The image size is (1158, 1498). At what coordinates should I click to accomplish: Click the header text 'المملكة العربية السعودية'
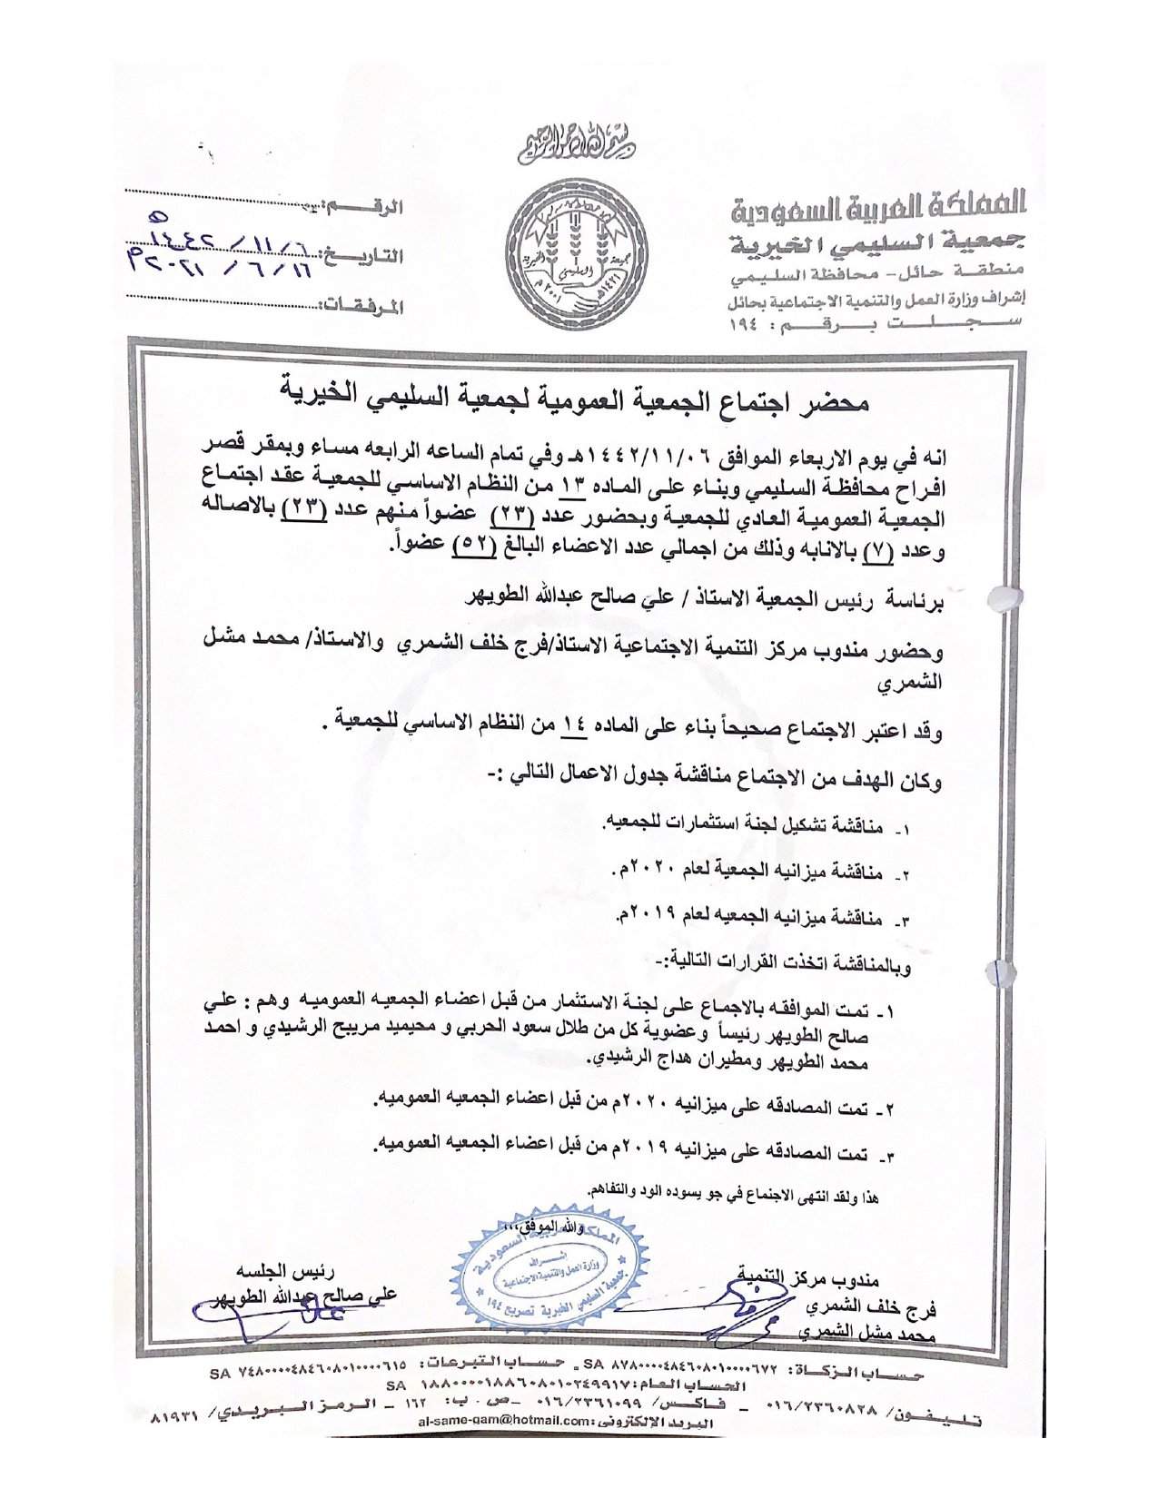pos(879,205)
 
